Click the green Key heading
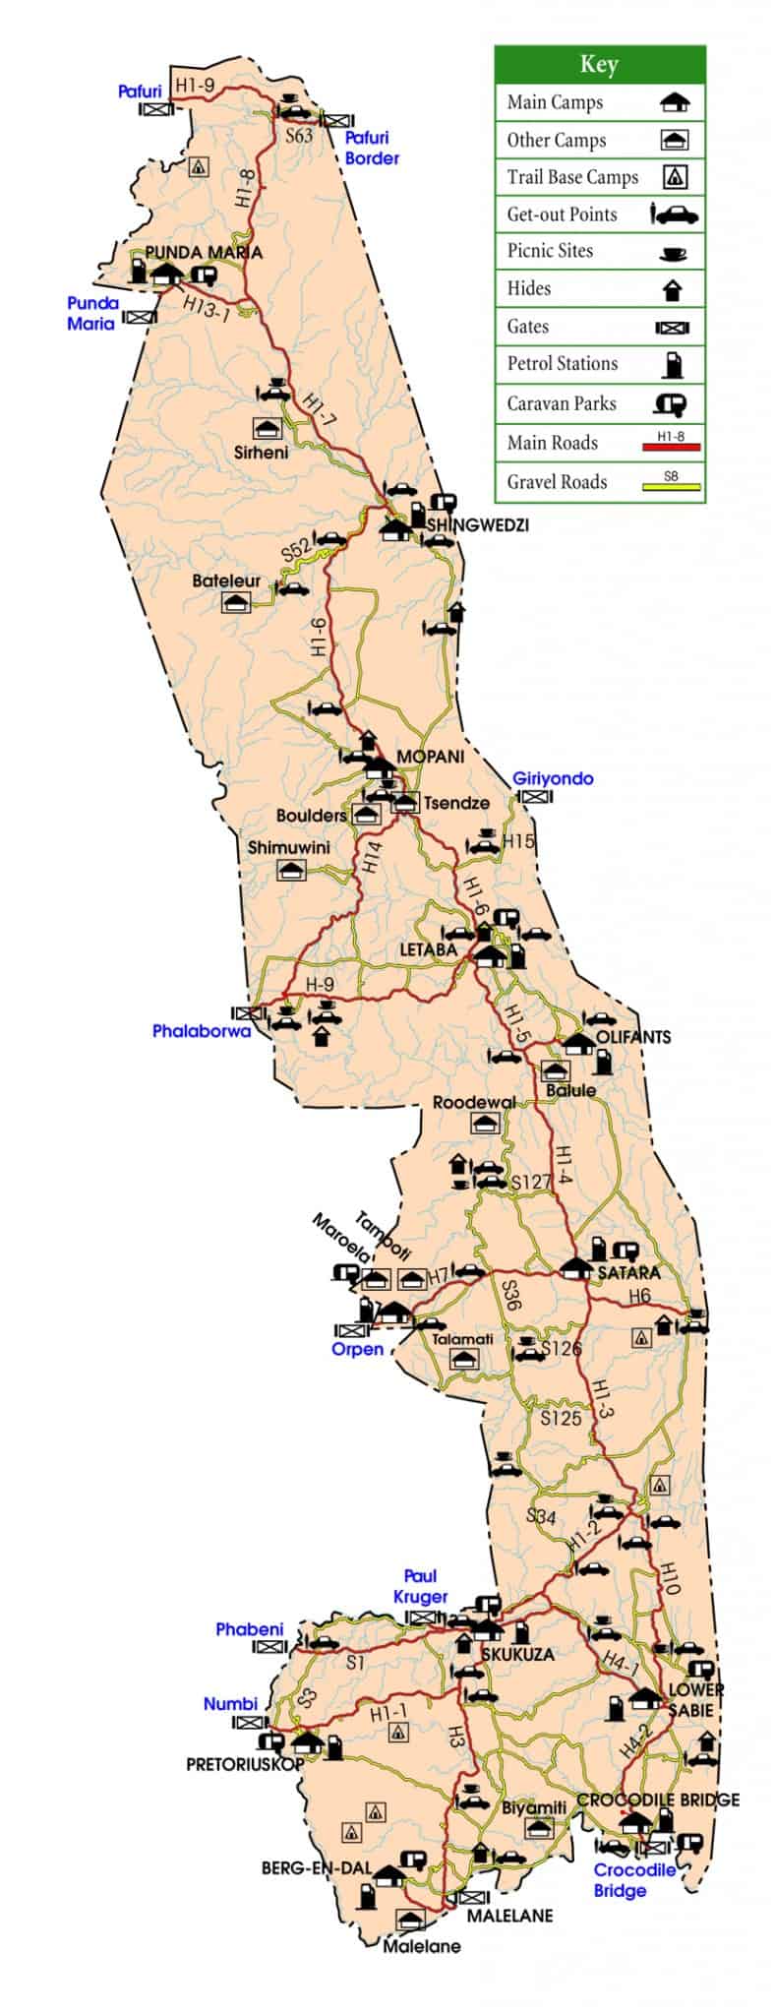pos(599,65)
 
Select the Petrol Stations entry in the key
pos(562,364)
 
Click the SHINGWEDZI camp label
pos(477,525)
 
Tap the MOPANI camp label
pos(430,757)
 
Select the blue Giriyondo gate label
pos(553,778)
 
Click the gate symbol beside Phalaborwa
pos(247,1012)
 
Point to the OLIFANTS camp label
pos(633,1036)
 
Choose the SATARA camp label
pos(628,1272)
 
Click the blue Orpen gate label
pos(357,1349)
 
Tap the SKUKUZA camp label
pos(517,1654)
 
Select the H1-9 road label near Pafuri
pos(195,86)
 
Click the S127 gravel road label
pos(530,1182)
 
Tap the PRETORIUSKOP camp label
pos(245,1764)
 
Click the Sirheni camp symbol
pos(268,429)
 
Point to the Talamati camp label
pos(462,1339)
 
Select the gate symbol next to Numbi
pos(250,1723)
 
